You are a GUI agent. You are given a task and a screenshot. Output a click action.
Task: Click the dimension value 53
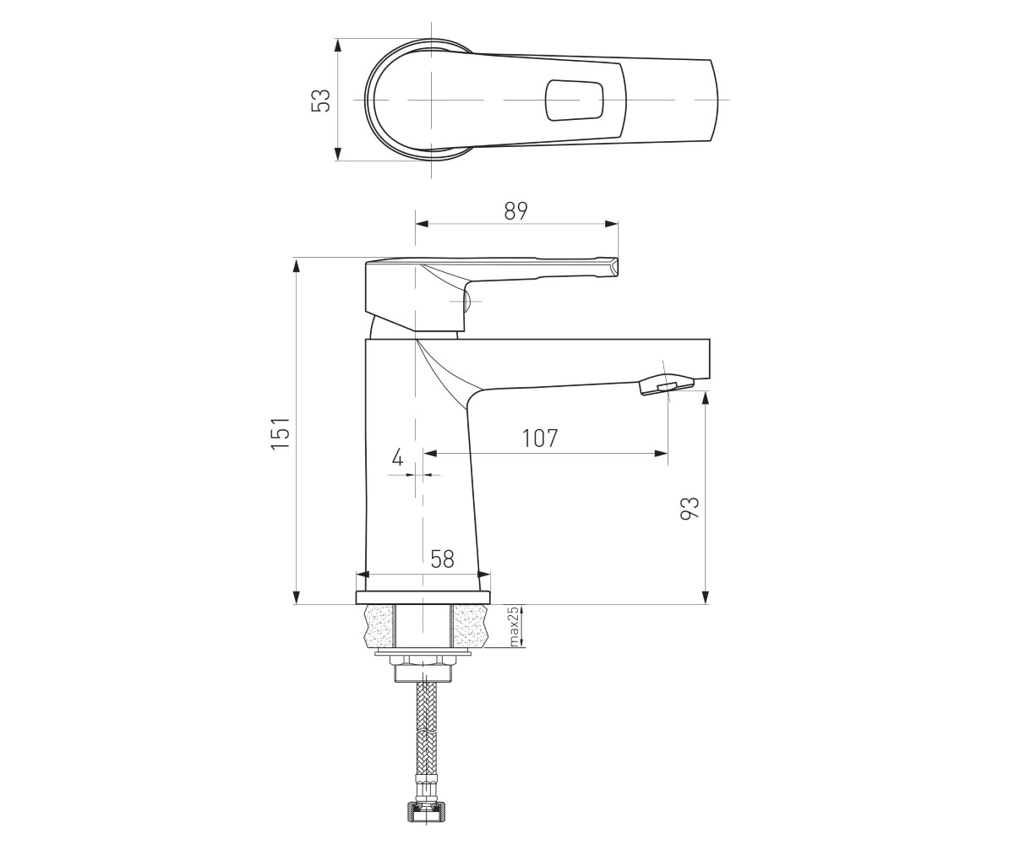point(320,101)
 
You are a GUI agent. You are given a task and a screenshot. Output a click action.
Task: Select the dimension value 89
point(515,210)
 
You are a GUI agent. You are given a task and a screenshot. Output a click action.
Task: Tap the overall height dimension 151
point(281,433)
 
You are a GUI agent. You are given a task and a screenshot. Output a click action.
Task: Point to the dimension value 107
point(540,438)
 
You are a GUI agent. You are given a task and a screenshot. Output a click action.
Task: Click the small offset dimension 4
point(398,457)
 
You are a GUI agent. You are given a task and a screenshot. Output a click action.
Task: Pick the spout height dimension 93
point(690,509)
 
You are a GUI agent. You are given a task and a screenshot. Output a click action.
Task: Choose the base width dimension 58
point(442,559)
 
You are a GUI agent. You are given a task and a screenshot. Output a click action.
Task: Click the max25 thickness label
point(515,626)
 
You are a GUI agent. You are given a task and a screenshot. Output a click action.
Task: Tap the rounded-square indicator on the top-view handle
point(575,100)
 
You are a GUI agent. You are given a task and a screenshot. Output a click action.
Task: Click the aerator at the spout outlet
point(667,384)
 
